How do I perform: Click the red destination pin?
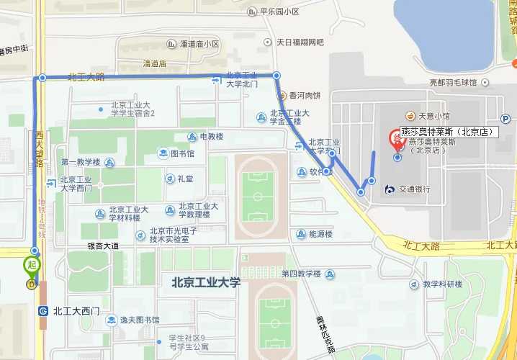coord(395,138)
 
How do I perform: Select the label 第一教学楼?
coord(80,162)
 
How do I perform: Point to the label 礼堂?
coord(185,179)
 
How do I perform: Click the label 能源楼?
coord(320,234)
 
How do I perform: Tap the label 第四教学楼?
coord(301,274)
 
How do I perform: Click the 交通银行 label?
coord(413,189)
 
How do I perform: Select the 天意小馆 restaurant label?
coord(435,116)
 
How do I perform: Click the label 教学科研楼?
coord(442,284)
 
